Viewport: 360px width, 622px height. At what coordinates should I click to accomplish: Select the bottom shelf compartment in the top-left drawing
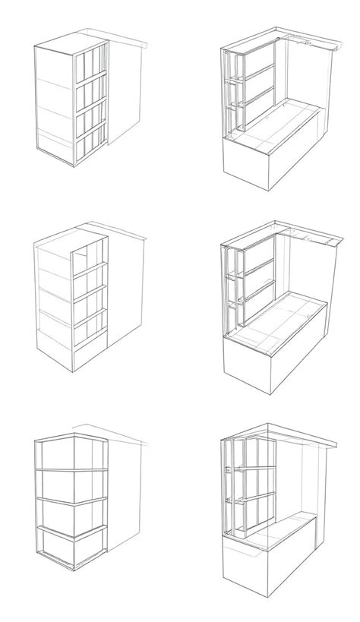[90, 144]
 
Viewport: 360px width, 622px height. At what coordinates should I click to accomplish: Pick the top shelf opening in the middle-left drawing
[90, 254]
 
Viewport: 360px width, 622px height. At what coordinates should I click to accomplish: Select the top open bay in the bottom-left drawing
[72, 456]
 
